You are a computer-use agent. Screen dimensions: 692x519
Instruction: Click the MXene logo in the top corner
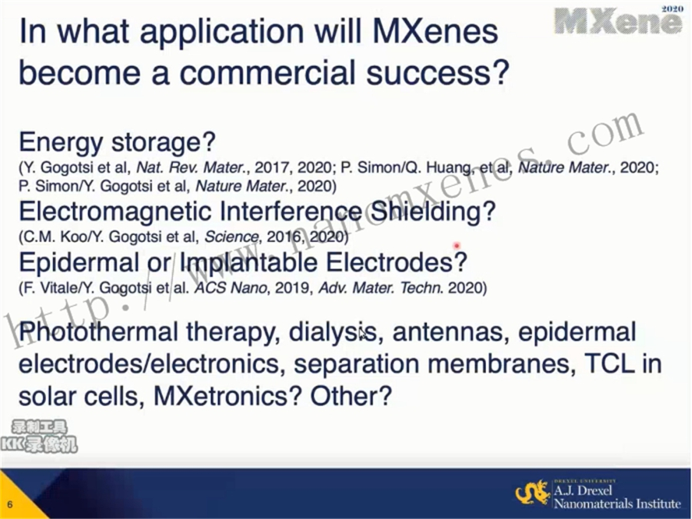(619, 20)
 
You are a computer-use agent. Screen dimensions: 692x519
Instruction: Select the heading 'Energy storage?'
(117, 143)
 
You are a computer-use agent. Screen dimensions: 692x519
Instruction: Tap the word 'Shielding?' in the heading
(432, 211)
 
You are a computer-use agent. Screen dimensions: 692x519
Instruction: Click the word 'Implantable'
(248, 263)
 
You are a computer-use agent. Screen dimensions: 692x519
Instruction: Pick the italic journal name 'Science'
(231, 237)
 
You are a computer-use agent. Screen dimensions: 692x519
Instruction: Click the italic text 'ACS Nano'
(231, 288)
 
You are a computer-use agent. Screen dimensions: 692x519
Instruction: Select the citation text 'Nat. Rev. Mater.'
(191, 168)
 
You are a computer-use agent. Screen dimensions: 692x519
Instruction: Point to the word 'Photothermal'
(98, 333)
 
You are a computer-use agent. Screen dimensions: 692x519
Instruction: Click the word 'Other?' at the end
(351, 396)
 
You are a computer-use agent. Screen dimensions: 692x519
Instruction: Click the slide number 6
(10, 504)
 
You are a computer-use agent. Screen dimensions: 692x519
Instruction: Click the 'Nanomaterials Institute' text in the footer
(617, 503)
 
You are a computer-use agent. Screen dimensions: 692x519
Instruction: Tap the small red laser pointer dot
(457, 245)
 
